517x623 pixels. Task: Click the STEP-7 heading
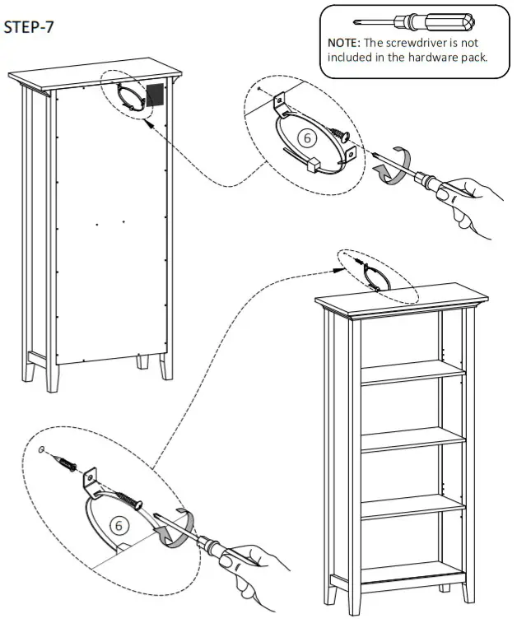[x=30, y=28]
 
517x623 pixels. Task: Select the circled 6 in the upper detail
[x=308, y=138]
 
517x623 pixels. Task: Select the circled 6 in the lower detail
[x=119, y=525]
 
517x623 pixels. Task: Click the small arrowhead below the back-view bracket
[x=148, y=121]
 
